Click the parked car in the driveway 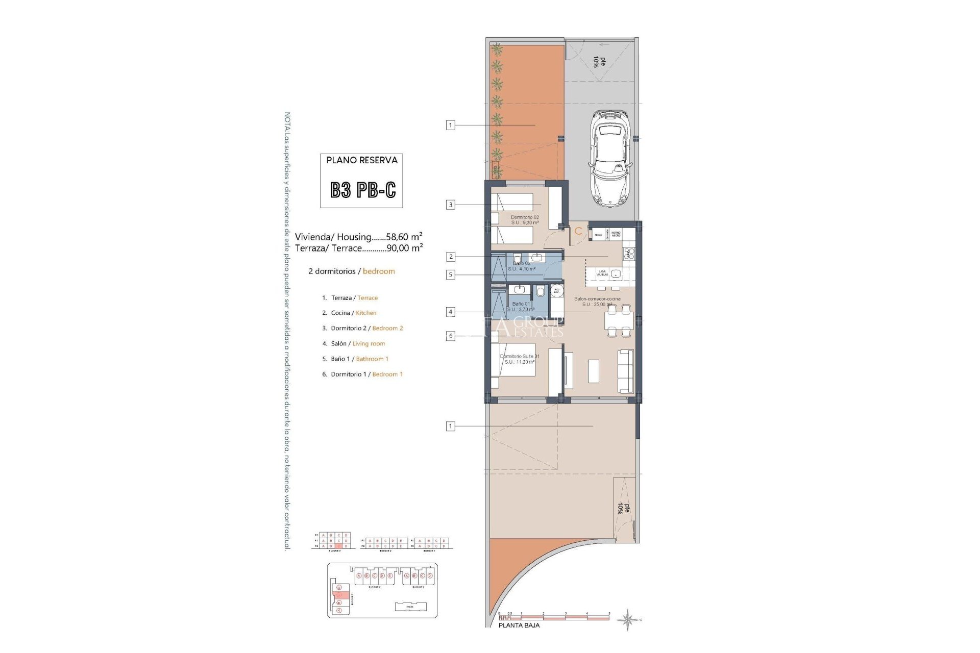point(610,159)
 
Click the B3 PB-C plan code point(362,190)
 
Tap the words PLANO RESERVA point(361,160)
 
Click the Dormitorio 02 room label point(525,217)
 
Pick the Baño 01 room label point(521,304)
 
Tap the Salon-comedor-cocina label point(597,299)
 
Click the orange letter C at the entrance point(578,232)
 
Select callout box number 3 point(450,205)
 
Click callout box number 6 point(450,336)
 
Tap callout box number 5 point(450,274)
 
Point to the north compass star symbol point(628,620)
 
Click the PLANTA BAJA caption point(519,625)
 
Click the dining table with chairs point(619,321)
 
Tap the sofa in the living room point(625,371)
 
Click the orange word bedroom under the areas point(379,271)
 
